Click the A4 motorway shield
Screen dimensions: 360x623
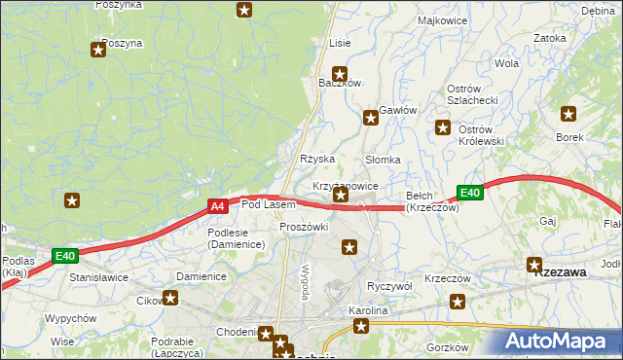pos(218,206)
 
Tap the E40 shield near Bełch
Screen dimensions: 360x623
pos(471,193)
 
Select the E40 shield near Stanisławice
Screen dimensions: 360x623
pos(65,256)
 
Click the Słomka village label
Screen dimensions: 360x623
pos(383,160)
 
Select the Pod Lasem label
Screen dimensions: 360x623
pos(268,204)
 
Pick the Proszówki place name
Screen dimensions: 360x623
pos(304,227)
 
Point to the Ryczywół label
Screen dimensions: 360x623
pos(390,286)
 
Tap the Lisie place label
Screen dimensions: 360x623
pos(340,43)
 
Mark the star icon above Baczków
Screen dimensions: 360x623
pos(340,73)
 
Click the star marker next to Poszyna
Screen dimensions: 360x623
pos(97,49)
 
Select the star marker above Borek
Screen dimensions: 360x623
pos(568,112)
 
